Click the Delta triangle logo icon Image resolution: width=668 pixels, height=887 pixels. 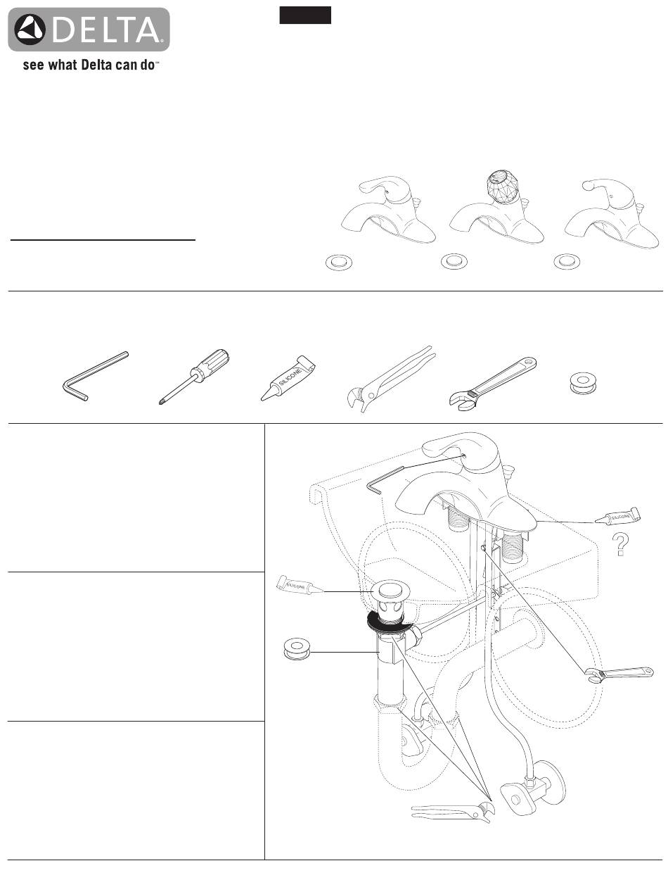pyautogui.click(x=30, y=30)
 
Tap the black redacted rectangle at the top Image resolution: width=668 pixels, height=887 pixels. pyautogui.click(x=305, y=15)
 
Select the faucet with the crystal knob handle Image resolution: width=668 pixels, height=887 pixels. pyautogui.click(x=496, y=207)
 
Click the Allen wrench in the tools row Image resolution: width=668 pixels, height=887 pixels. pyautogui.click(x=95, y=375)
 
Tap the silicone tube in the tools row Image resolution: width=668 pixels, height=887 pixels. pyautogui.click(x=288, y=378)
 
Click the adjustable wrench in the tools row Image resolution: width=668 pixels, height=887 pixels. pyautogui.click(x=493, y=381)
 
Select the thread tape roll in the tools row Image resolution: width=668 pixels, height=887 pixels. pyautogui.click(x=583, y=384)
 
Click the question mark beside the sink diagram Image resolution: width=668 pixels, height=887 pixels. pyautogui.click(x=620, y=543)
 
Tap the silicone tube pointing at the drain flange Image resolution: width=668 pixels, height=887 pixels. pyautogui.click(x=300, y=586)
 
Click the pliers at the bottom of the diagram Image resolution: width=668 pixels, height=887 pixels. pyautogui.click(x=453, y=810)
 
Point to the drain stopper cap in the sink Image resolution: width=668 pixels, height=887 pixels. pyautogui.click(x=390, y=591)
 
